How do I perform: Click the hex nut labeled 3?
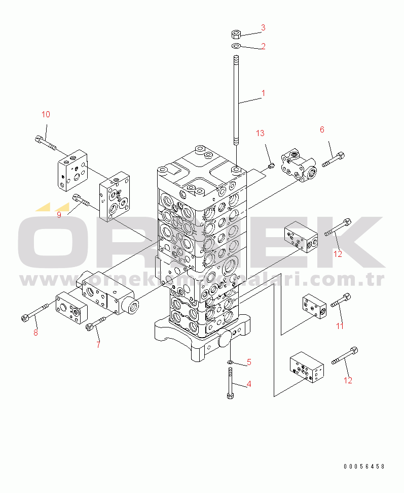[x=236, y=35]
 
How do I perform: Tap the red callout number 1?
[x=263, y=93]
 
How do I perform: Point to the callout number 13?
[x=260, y=134]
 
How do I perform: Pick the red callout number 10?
[x=46, y=115]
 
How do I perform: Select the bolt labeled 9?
[x=81, y=201]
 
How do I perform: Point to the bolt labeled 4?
[x=231, y=383]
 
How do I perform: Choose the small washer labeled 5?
[x=230, y=361]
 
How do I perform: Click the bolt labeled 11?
[x=340, y=301]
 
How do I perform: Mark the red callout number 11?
[x=340, y=325]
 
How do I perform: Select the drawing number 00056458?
[x=364, y=466]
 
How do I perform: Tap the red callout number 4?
[x=248, y=384]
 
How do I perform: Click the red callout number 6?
[x=321, y=129]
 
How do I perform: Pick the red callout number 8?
[x=35, y=333]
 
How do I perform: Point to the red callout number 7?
[x=98, y=345]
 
